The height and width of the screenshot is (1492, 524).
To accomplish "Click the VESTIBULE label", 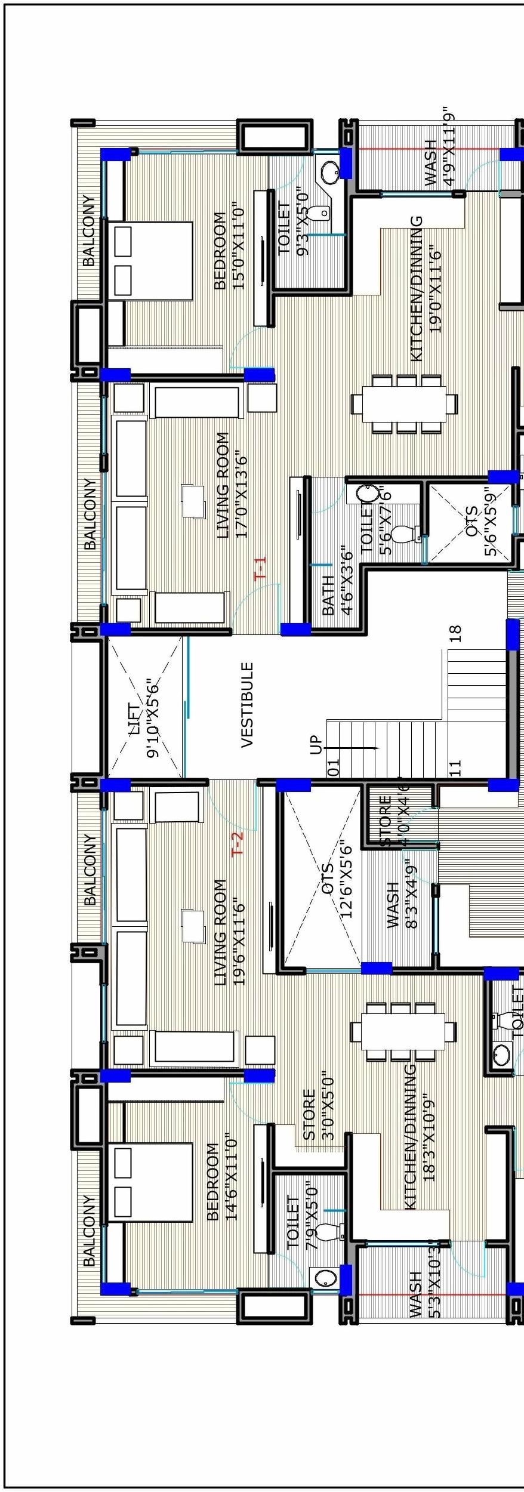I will coord(247,704).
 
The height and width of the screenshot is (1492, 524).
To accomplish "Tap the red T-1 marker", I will coord(261,568).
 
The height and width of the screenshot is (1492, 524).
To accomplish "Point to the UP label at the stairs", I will coord(316,745).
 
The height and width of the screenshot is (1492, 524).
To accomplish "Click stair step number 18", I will coord(455,633).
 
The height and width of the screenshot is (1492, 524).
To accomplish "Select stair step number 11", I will coord(455,767).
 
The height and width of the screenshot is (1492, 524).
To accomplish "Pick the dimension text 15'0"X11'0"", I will coord(239,245).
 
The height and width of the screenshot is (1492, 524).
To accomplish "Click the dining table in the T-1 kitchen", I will coord(404,403).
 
